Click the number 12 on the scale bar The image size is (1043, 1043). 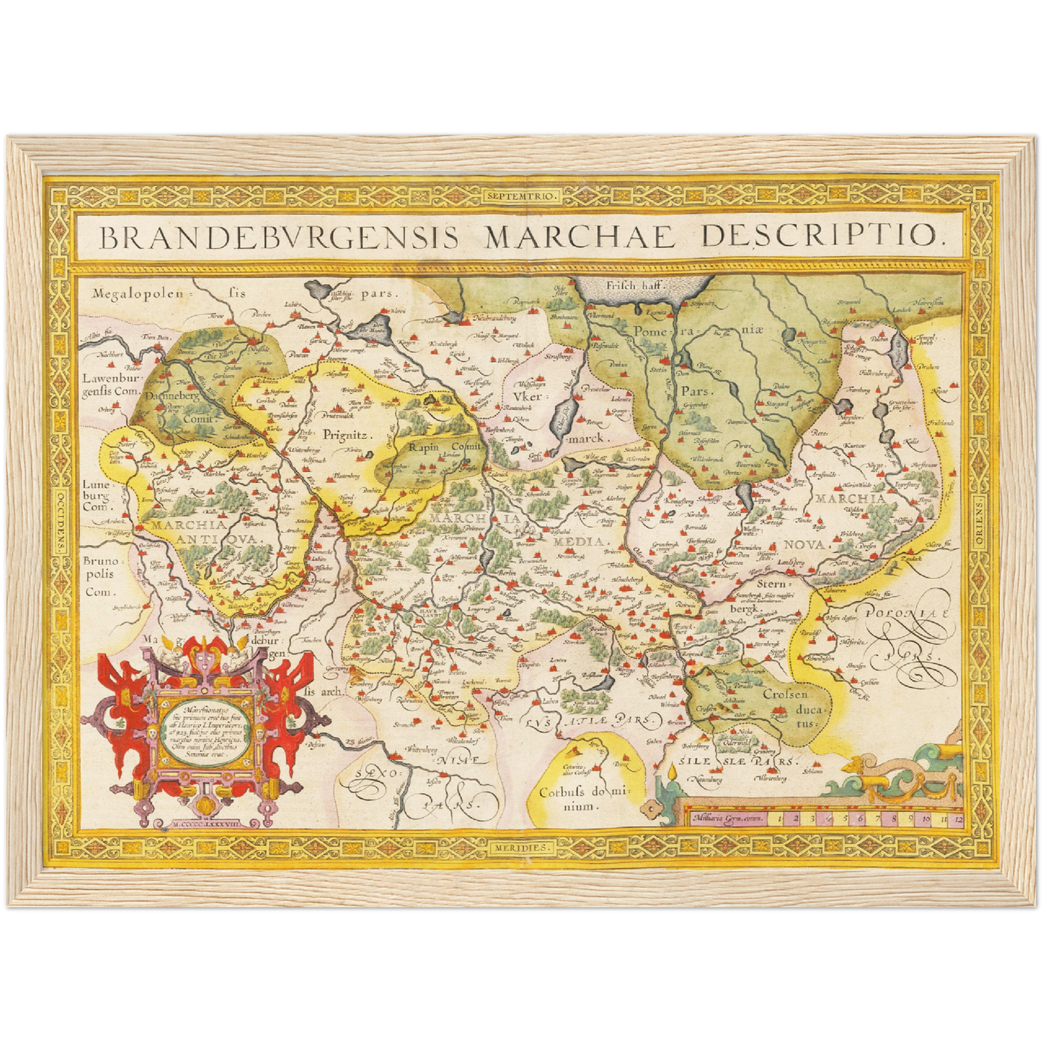(x=958, y=819)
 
